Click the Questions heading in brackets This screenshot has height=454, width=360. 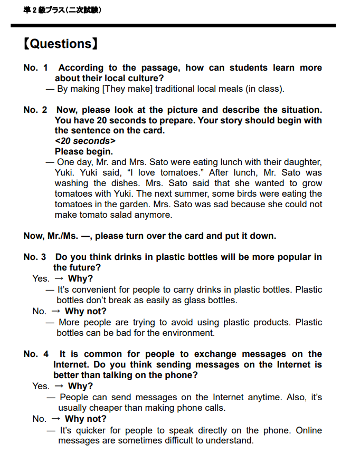coord(60,44)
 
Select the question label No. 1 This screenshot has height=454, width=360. coord(35,68)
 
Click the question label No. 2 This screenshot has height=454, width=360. coord(35,110)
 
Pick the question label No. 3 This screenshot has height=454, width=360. coord(35,257)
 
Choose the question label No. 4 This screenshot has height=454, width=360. coord(35,354)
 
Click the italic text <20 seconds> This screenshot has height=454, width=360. coord(85,141)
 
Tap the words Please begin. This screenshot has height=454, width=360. coord(84,152)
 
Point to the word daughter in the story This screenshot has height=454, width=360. coord(301,162)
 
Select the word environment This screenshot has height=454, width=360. coord(188,333)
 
